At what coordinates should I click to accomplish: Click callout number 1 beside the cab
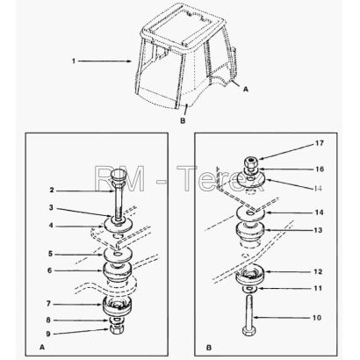(74, 61)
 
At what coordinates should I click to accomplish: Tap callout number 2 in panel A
(52, 191)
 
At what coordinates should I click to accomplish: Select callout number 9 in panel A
(48, 334)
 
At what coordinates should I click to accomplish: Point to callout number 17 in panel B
(320, 143)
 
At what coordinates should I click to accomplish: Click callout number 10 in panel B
(317, 318)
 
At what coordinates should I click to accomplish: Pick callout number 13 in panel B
(318, 230)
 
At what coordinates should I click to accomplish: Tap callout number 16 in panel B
(320, 169)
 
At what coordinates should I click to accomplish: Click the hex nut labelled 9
(117, 328)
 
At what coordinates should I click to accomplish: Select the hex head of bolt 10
(248, 331)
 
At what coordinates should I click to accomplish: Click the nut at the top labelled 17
(251, 162)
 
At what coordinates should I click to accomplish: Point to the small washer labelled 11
(249, 289)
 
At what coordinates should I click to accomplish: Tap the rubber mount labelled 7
(117, 306)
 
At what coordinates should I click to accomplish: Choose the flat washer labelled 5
(118, 255)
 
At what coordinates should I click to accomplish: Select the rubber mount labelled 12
(250, 275)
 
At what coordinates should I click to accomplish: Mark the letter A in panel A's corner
(42, 347)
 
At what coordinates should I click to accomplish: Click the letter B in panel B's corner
(209, 348)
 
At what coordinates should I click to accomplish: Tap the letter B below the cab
(183, 120)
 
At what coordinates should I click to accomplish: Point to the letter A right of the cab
(246, 89)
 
